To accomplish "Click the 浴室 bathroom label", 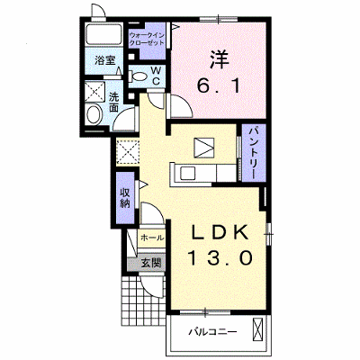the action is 105,60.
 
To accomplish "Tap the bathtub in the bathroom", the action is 103,34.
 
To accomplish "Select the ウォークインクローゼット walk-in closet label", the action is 147,39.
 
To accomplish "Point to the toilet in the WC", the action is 138,76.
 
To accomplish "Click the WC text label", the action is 157,76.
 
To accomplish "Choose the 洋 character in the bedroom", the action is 219,59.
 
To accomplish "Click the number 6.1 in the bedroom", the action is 219,86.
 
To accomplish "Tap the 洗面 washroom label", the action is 113,102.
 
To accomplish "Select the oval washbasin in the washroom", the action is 94,114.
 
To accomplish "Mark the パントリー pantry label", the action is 254,152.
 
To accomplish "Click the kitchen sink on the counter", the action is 188,173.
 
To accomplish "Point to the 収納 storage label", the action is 125,198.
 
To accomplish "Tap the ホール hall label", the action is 152,238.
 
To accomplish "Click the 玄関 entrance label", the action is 151,263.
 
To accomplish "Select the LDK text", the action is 220,232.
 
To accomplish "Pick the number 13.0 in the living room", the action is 220,258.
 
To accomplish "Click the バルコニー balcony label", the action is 213,332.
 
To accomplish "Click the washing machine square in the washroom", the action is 95,91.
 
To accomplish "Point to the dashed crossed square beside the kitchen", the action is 128,151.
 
